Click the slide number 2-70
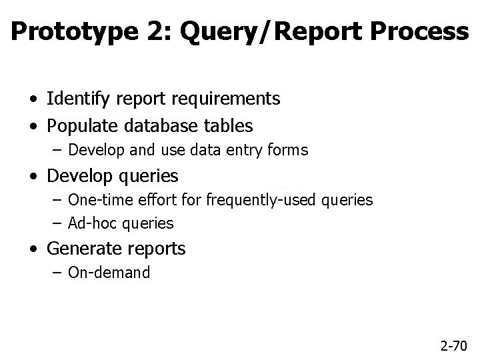click(455, 346)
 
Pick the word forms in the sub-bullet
click(289, 151)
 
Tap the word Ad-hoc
click(89, 223)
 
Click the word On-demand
click(109, 273)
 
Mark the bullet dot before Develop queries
click(33, 177)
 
